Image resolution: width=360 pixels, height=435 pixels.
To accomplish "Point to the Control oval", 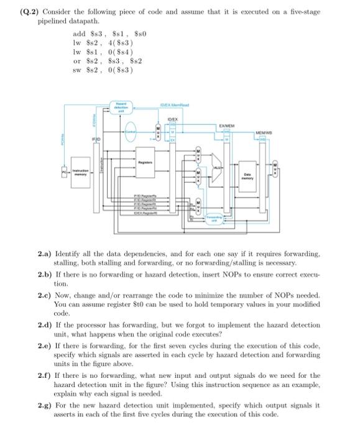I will point(131,131).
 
